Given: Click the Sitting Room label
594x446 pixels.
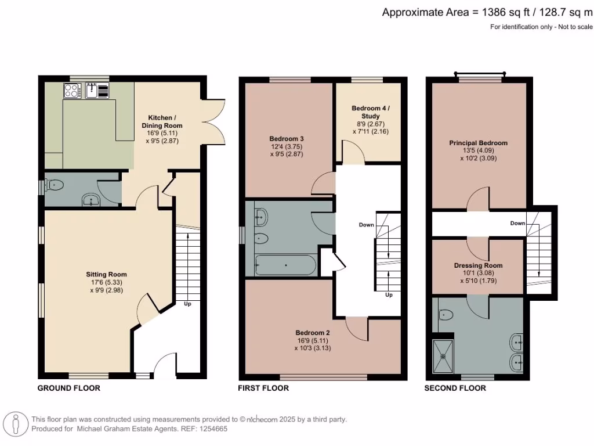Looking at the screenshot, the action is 107,275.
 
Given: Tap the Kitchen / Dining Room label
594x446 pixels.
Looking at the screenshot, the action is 162,121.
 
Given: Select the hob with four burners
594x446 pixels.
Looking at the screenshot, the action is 72,91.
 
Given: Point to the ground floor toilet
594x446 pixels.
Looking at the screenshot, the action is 53,185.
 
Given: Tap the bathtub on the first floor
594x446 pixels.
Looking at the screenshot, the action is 285,265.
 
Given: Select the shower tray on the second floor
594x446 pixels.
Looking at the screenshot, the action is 443,357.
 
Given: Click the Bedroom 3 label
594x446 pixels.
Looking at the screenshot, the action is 287,139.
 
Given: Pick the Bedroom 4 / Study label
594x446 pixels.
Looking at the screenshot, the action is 371,112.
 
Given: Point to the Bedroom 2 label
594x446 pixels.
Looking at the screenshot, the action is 313,333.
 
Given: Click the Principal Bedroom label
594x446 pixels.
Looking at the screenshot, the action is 478,143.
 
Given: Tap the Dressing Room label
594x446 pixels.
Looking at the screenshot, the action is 478,265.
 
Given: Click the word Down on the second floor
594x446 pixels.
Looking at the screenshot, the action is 517,224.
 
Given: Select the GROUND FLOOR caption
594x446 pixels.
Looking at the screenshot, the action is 69,388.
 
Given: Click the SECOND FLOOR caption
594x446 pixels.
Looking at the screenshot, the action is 455,388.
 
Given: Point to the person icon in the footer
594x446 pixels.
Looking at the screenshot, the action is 16,424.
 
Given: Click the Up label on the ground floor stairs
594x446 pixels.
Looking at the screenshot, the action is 187,304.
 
